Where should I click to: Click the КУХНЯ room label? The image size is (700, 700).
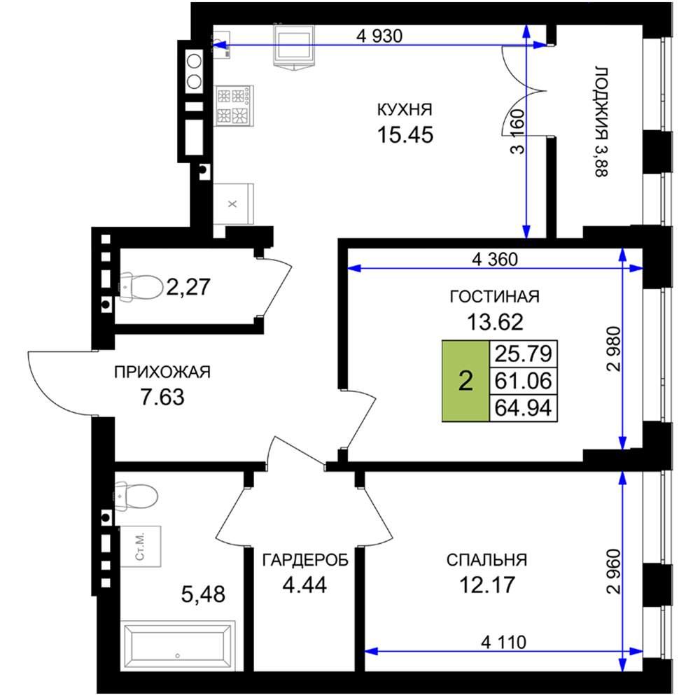click(x=405, y=110)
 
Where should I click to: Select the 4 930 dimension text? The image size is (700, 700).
click(x=379, y=36)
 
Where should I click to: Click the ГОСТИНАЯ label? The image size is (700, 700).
click(x=495, y=296)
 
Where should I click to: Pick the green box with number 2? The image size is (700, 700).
click(x=465, y=381)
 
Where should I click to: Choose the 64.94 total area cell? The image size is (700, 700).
click(x=523, y=408)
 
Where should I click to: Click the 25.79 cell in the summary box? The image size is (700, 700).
click(x=523, y=353)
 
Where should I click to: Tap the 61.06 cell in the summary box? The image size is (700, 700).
click(x=523, y=381)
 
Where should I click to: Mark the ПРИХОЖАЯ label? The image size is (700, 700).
click(x=162, y=372)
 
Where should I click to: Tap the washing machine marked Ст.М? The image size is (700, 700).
click(x=140, y=546)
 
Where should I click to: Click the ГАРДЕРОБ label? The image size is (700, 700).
click(x=305, y=560)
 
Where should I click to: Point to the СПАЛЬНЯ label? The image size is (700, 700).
click(x=486, y=560)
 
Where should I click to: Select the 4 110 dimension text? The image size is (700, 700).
click(x=503, y=642)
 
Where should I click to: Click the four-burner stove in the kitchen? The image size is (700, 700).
click(x=234, y=106)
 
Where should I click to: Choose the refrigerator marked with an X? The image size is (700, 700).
click(x=233, y=204)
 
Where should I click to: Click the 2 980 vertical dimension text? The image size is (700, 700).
click(x=615, y=349)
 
